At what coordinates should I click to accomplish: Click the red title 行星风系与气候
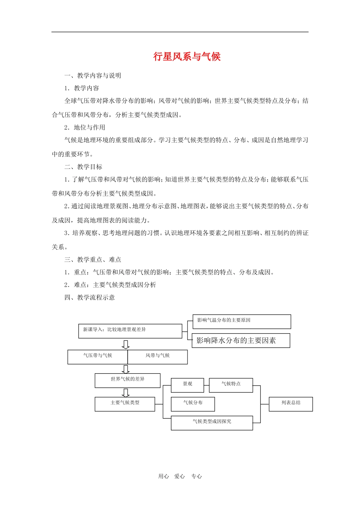(187, 57)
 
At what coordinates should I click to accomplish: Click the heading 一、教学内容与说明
(92, 76)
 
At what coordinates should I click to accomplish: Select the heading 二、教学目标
(83, 167)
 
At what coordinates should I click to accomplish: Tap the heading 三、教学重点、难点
(92, 260)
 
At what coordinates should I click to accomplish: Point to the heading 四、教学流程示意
(89, 298)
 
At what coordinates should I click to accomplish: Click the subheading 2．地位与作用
(85, 128)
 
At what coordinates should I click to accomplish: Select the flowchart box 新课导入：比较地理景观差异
(130, 331)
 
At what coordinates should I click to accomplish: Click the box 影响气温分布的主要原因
(241, 322)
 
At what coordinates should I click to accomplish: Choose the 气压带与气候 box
(98, 357)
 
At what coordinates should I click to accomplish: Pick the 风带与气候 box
(158, 357)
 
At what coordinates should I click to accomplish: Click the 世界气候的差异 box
(127, 380)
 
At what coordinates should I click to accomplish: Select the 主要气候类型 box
(125, 404)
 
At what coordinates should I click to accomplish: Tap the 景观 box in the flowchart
(188, 385)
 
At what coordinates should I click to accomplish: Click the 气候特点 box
(231, 385)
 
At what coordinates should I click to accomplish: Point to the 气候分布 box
(193, 404)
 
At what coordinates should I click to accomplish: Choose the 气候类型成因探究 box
(212, 423)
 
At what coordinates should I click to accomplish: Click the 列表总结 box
(291, 404)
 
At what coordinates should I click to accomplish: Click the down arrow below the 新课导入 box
(126, 344)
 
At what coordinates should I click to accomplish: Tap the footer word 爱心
(180, 476)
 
